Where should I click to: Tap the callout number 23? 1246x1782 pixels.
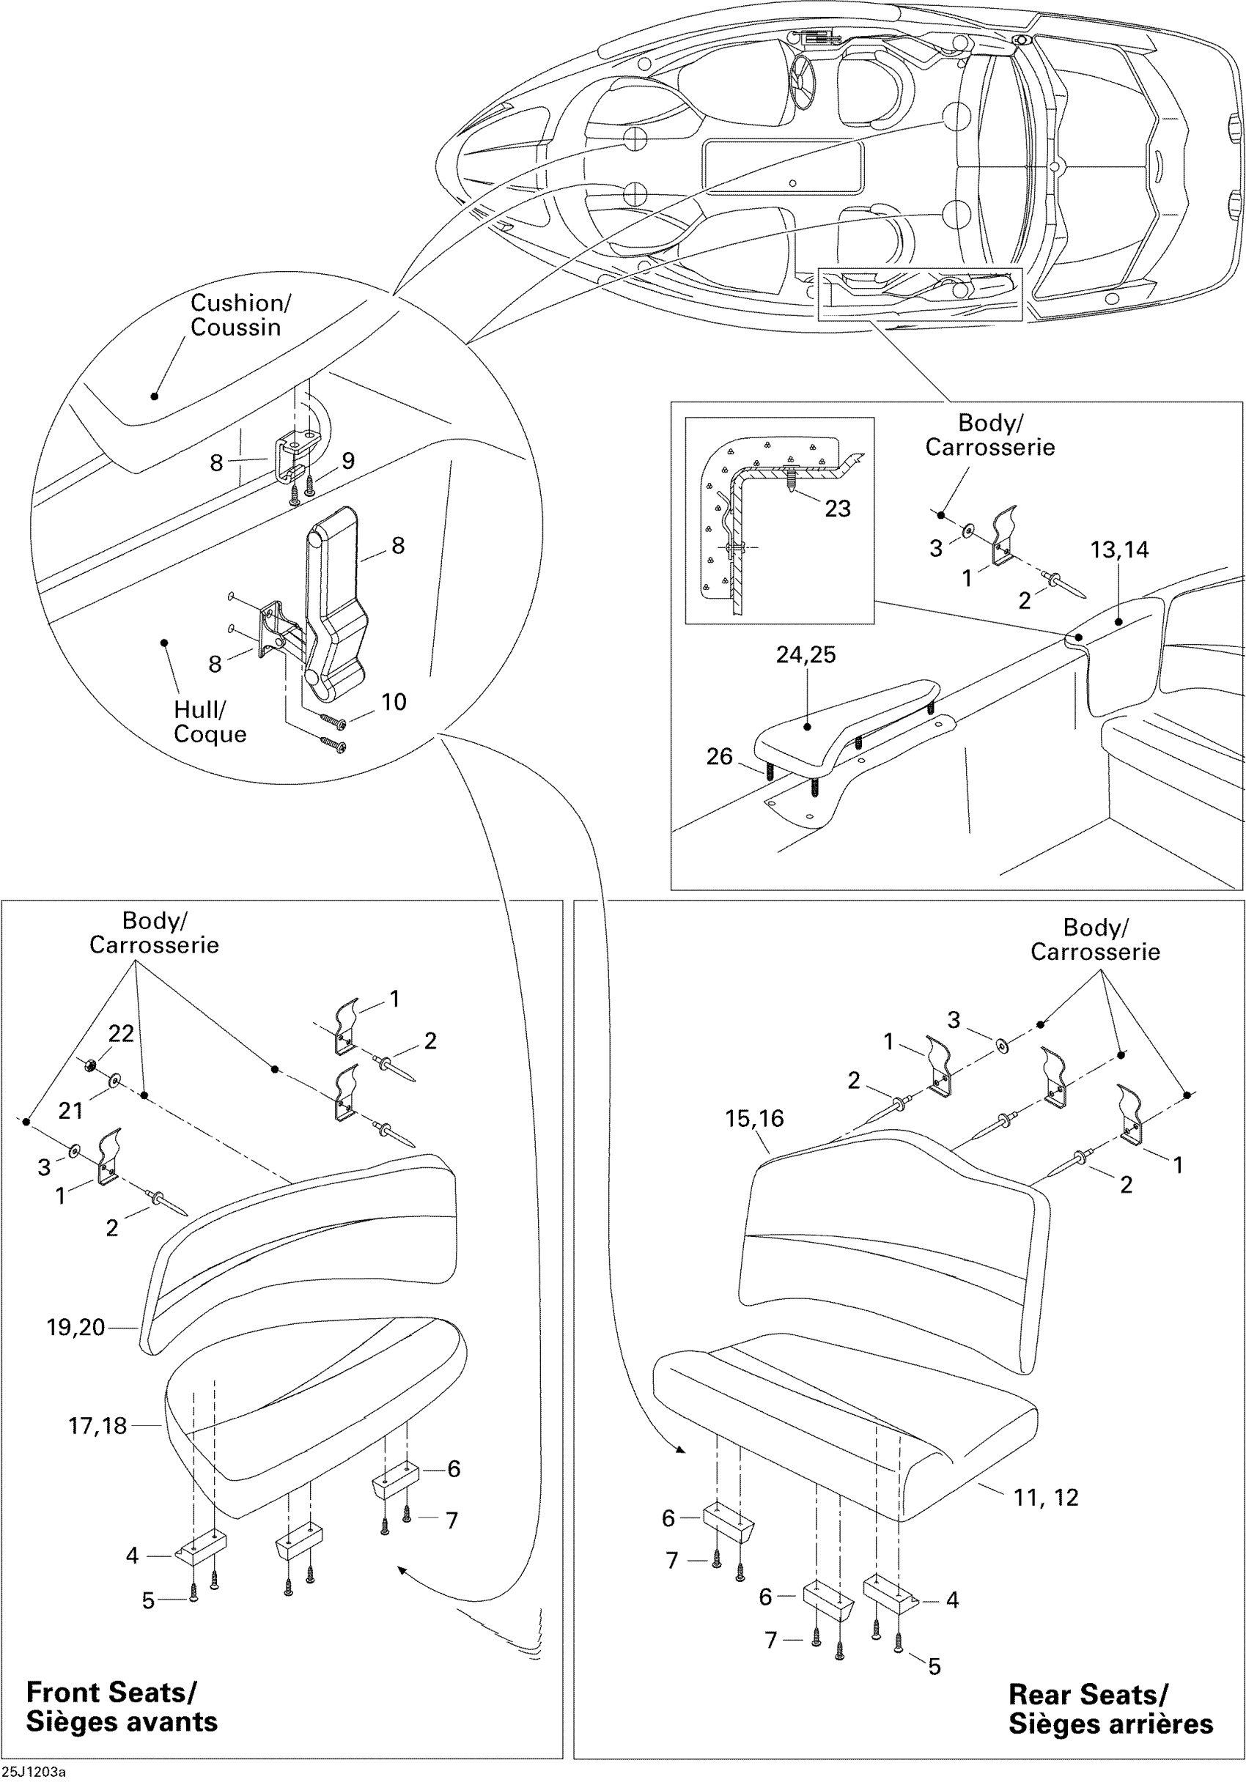(837, 509)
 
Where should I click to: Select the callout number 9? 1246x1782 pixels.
(348, 461)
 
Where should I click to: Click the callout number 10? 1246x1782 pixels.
(394, 702)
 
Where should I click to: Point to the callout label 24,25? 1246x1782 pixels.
(806, 654)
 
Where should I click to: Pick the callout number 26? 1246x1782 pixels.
(719, 756)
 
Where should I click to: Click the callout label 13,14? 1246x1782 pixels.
(1118, 550)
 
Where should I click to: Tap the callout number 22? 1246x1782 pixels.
(121, 1033)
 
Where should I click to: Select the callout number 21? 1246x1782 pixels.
(70, 1111)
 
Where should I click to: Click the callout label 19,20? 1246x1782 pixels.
(75, 1327)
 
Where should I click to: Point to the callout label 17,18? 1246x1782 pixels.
(97, 1426)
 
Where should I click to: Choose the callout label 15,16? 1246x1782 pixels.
(753, 1118)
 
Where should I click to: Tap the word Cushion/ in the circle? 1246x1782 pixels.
(240, 303)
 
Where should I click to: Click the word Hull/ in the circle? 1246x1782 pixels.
(199, 709)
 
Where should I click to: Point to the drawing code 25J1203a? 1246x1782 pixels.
(34, 1772)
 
